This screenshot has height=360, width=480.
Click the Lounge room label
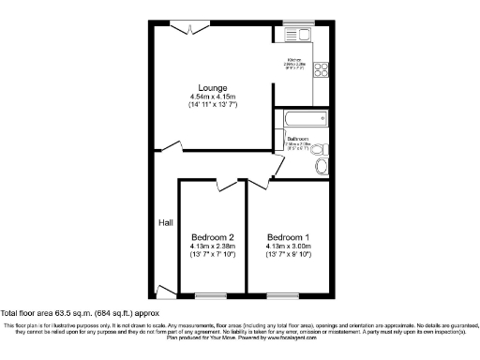click(x=212, y=87)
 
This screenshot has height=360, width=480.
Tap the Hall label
click(x=165, y=222)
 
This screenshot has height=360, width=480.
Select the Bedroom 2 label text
click(x=212, y=236)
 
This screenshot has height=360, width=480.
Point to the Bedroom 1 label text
click(x=288, y=236)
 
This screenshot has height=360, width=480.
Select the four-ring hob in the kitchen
click(x=322, y=67)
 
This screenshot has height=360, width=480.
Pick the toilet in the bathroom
click(x=319, y=148)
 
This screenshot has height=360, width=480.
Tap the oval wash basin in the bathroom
click(x=323, y=166)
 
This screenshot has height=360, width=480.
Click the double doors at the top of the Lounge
click(x=193, y=28)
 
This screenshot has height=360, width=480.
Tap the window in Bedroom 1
click(x=281, y=297)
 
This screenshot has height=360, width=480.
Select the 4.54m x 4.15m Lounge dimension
click(x=212, y=97)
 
